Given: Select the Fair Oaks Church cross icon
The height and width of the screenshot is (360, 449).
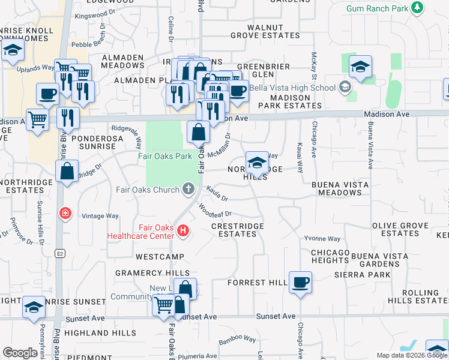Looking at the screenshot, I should (188, 190).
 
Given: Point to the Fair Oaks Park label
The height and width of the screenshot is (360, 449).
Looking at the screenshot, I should (164, 156).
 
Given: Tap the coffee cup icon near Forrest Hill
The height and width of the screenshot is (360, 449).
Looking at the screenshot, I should (300, 281).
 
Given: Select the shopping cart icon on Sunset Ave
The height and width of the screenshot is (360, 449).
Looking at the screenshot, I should (164, 304).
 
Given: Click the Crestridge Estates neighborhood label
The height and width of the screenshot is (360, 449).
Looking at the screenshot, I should (237, 230).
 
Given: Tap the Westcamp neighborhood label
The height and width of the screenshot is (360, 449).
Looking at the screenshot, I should (159, 256).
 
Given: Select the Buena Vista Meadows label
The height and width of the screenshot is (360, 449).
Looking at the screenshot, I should (340, 188).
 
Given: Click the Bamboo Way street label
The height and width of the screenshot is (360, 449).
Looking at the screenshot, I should (237, 340).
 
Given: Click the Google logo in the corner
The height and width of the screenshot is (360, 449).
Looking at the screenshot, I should (20, 353).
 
